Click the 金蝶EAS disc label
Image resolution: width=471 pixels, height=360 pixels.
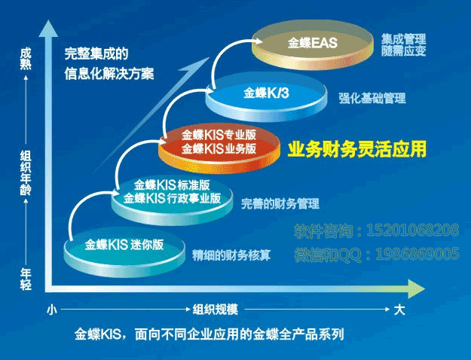(313, 43)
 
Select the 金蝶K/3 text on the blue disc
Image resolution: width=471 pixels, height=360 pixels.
(266, 93)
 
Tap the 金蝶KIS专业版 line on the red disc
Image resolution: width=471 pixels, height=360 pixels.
(219, 135)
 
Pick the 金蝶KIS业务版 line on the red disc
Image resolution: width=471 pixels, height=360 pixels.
(219, 148)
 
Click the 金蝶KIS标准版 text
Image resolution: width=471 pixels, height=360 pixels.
(172, 185)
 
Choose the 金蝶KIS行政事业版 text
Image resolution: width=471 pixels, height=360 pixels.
(172, 198)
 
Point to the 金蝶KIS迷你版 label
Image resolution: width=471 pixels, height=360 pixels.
(124, 245)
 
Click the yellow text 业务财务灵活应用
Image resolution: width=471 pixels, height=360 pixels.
(357, 149)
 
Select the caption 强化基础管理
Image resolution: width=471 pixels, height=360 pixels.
(372, 98)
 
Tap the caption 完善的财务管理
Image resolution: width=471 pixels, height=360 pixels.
(280, 204)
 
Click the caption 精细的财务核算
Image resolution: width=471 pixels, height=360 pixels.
(231, 255)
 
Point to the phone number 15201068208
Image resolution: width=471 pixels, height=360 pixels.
(413, 230)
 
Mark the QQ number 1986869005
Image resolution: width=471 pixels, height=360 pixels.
(417, 255)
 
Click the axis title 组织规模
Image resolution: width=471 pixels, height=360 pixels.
(215, 310)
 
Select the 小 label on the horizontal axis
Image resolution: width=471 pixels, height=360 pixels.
(52, 310)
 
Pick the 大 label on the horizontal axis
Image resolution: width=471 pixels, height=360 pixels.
(399, 310)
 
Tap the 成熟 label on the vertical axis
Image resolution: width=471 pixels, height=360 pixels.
(26, 59)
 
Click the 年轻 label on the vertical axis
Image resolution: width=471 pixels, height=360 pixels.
(26, 279)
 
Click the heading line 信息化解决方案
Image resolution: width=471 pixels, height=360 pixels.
(109, 74)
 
